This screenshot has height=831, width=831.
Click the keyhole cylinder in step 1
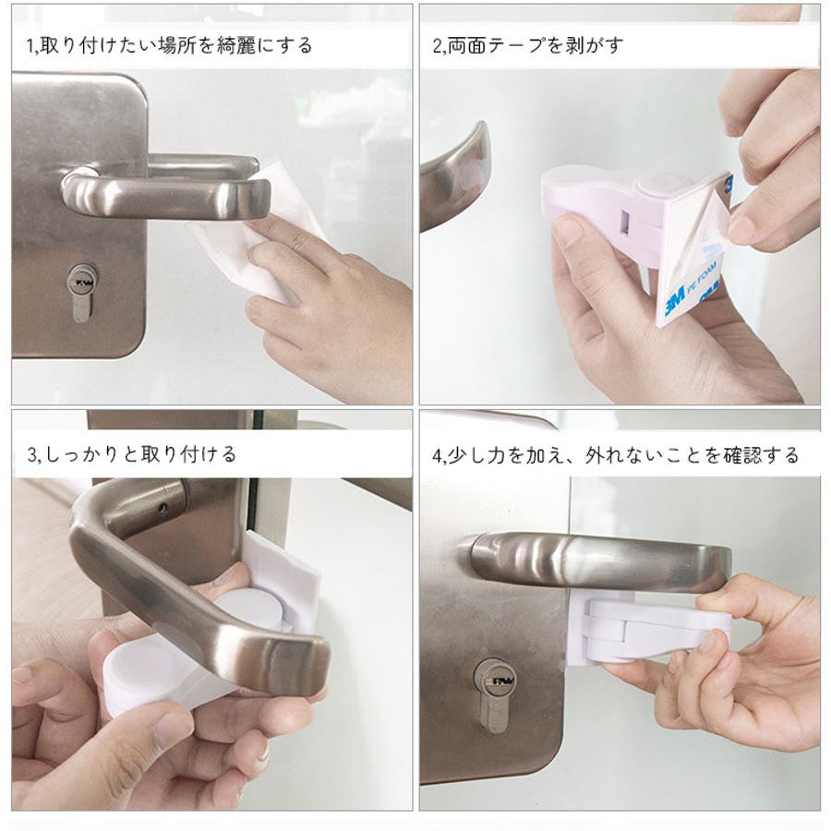[x=81, y=293]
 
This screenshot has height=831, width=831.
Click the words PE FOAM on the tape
[x=702, y=278]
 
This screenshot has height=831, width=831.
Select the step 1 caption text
[x=169, y=45]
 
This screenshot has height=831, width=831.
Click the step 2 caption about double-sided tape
[x=528, y=45]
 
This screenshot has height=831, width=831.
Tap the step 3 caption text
[x=131, y=454]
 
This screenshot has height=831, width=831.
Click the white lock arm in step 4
[x=657, y=631]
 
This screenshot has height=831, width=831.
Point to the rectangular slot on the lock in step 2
[x=625, y=223]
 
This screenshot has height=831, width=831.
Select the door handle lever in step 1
[x=165, y=191]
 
